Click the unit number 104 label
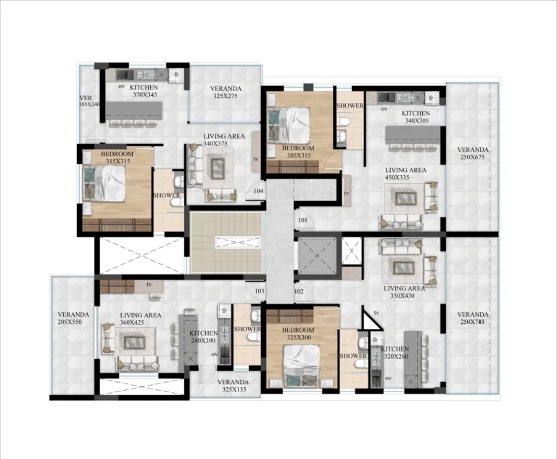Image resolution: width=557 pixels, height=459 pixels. click(258, 191)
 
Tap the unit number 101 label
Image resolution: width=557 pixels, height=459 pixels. click(302, 220)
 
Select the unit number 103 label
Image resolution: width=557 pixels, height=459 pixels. click(259, 291)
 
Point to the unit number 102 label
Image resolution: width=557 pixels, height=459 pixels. click(299, 291)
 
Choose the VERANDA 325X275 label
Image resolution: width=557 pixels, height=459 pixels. click(226, 92)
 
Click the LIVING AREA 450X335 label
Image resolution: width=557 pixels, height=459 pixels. click(405, 173)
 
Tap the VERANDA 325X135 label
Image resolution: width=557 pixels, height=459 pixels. click(232, 385)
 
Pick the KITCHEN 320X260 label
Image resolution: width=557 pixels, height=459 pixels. click(395, 353)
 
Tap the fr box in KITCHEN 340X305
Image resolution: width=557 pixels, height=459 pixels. click(431, 98)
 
